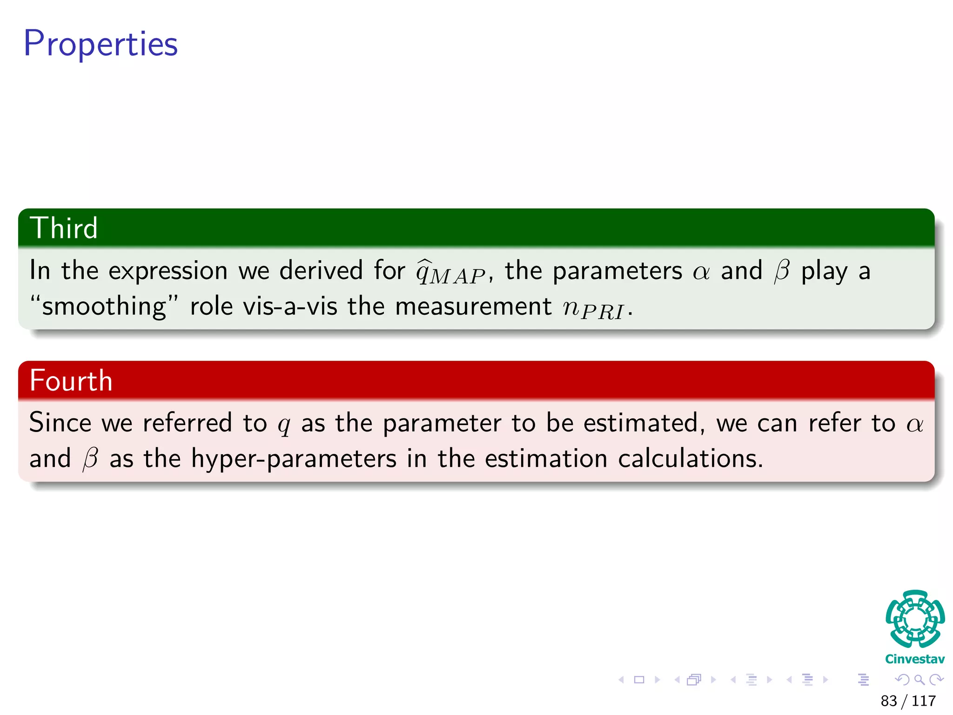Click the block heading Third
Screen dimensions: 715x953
click(64, 228)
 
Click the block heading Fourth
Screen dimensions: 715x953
click(71, 380)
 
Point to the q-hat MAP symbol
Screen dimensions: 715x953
click(450, 272)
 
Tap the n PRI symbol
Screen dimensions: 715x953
click(593, 308)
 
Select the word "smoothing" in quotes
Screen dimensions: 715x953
click(104, 307)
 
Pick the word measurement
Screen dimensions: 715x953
click(473, 307)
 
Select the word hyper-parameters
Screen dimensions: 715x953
click(294, 459)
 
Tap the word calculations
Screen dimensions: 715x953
click(690, 459)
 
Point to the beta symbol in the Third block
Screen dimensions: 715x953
click(782, 271)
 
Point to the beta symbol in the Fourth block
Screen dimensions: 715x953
click(90, 459)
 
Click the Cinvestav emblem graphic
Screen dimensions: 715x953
click(915, 619)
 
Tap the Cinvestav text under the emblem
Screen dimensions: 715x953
click(915, 659)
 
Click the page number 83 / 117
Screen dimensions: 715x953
click(908, 701)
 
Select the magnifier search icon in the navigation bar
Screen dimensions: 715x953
click(919, 680)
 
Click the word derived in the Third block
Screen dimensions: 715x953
click(321, 271)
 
